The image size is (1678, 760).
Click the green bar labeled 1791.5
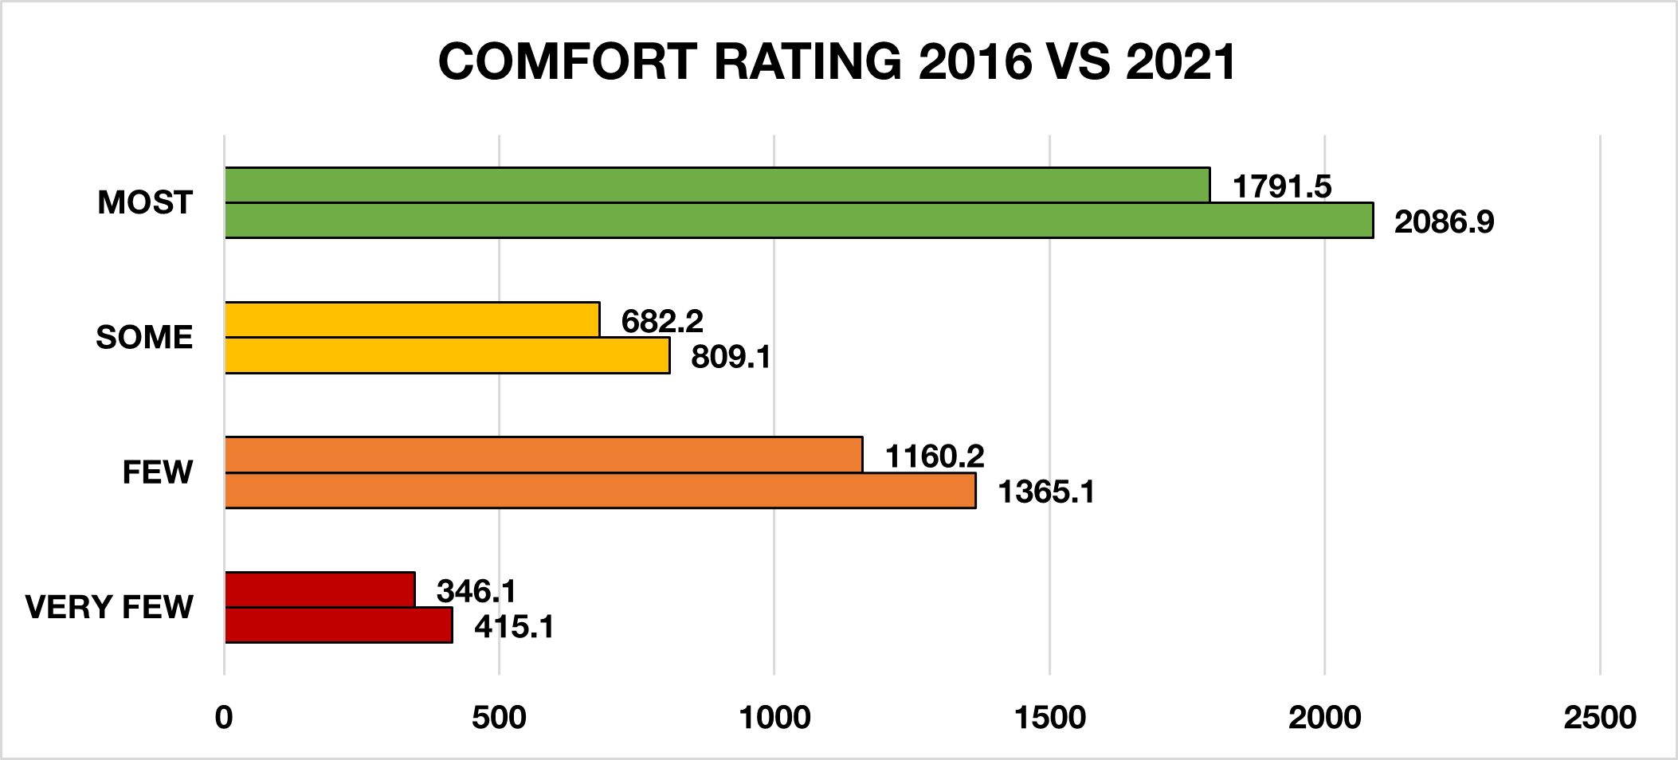[717, 185]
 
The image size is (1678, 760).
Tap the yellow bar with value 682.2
[412, 319]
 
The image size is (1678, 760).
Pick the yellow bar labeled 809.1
[447, 355]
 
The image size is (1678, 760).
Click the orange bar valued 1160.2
[543, 455]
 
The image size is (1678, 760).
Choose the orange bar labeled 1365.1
[600, 491]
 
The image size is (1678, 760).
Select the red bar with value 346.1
[320, 590]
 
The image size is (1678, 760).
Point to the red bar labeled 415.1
[339, 625]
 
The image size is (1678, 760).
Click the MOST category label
[145, 202]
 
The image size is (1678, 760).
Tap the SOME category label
[144, 338]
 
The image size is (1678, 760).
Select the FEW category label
[158, 472]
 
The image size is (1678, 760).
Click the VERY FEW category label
[109, 607]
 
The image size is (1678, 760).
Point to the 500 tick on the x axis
[499, 718]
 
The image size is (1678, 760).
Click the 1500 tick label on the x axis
[1049, 718]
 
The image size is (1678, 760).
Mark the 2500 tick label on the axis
[1599, 718]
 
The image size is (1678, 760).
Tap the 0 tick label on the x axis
[224, 718]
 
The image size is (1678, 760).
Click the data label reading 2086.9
[1444, 221]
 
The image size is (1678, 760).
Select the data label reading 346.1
[476, 591]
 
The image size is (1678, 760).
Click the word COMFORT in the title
[568, 61]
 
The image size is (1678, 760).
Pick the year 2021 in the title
[1181, 61]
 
